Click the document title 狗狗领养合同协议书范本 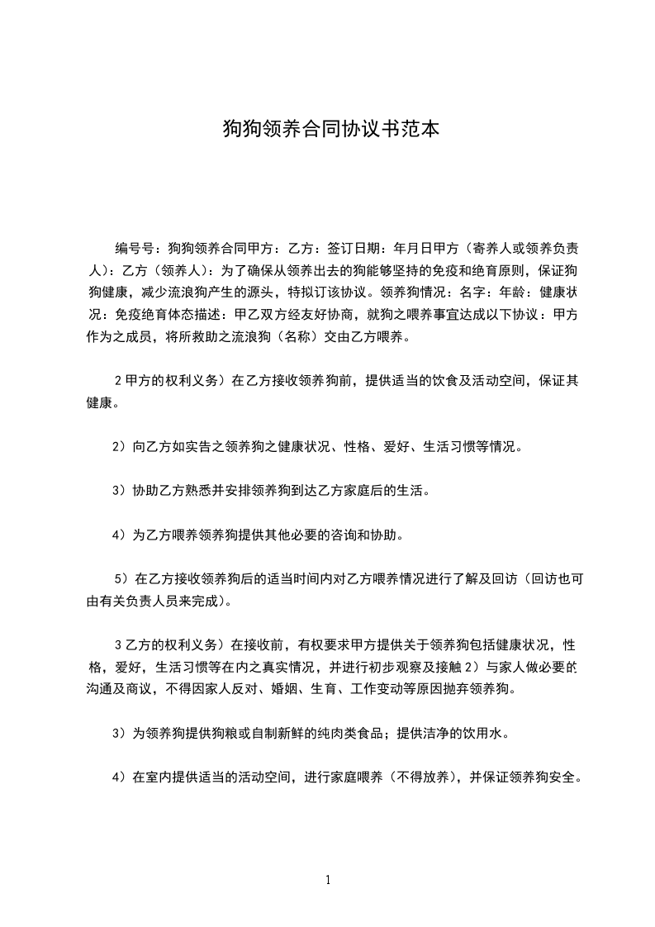pyautogui.click(x=327, y=129)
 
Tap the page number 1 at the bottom pyautogui.click(x=328, y=880)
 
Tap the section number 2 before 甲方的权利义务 pyautogui.click(x=118, y=381)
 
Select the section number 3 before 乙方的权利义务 pyautogui.click(x=118, y=644)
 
